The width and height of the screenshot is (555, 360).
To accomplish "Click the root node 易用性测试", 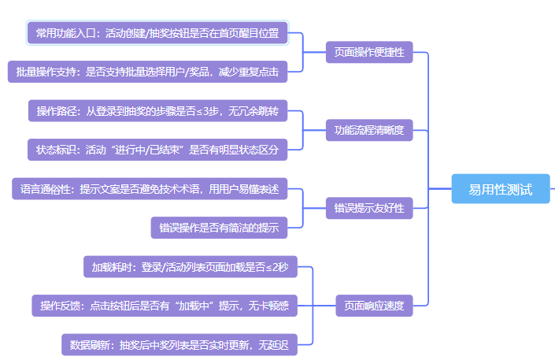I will pos(500,189).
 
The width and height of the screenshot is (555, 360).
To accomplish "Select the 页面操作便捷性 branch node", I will pos(369,52).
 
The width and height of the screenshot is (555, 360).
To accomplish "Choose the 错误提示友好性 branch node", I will pos(369,208).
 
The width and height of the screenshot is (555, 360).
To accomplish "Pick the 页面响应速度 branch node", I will pos(375,306).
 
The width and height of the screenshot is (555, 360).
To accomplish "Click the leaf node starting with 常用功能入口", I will pos(157,33).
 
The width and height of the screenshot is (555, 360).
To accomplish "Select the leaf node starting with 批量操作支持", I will pos(147,72).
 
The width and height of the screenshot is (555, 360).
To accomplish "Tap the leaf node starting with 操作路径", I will pos(157,111).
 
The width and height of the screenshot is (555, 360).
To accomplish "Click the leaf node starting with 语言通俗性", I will pos(150,189).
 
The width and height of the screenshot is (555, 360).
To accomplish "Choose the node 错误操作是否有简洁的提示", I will pos(219,228).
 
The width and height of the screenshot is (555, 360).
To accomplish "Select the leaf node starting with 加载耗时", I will pos(190,267).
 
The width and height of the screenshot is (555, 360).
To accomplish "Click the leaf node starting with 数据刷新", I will pos(179,344).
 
